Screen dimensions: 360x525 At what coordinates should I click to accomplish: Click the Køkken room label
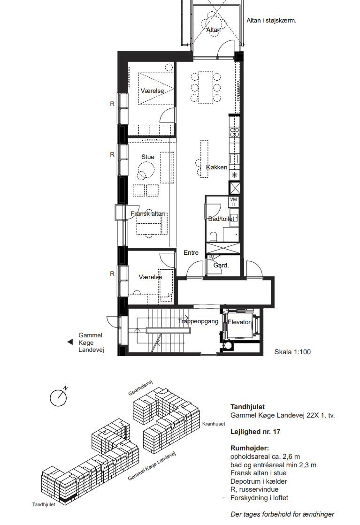217,167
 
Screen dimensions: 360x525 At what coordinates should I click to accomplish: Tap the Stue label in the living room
148,157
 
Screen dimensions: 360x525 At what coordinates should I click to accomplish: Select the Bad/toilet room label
221,219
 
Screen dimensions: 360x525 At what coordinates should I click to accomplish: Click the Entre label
191,252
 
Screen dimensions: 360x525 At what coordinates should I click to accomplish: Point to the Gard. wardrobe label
221,265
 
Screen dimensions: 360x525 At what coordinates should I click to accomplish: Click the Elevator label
239,322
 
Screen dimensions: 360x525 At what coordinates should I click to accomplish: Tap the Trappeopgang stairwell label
198,321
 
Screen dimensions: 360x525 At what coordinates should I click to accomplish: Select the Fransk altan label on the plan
148,213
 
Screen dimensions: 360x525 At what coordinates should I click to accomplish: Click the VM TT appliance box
233,202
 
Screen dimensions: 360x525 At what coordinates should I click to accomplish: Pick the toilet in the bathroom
213,236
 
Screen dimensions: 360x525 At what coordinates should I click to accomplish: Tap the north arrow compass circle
58,398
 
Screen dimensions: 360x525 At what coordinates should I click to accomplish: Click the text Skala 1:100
292,352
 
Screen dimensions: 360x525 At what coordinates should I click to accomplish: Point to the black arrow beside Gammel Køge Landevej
70,342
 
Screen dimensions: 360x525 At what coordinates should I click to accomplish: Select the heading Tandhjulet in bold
247,407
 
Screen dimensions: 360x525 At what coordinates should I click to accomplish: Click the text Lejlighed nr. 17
255,432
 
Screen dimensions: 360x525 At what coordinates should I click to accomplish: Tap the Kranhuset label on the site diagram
214,424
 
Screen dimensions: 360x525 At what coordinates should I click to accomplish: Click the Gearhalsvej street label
140,388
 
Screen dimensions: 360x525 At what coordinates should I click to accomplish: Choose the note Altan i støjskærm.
271,21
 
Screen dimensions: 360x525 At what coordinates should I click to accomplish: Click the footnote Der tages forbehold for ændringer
282,514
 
